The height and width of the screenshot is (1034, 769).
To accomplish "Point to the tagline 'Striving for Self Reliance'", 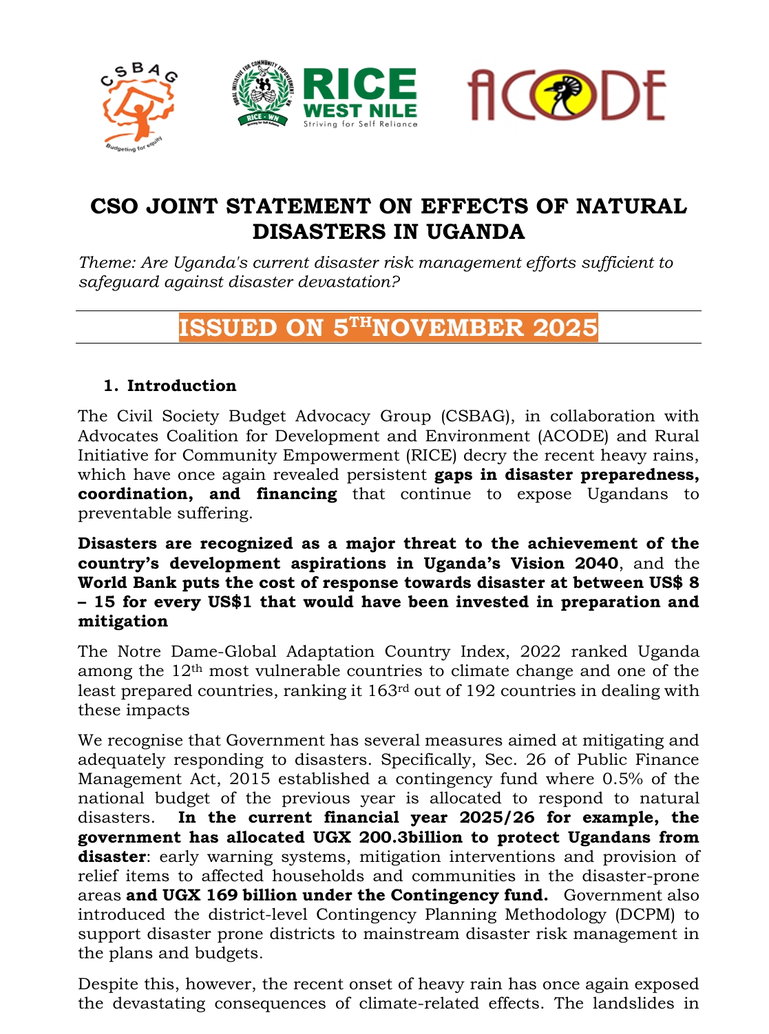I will [360, 124].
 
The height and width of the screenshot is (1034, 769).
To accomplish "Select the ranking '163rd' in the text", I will [383, 690].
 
